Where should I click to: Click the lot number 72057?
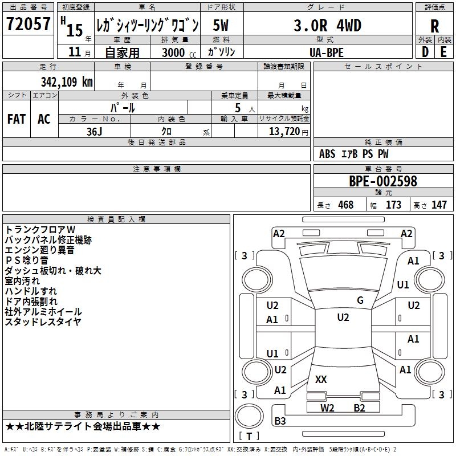click(28, 24)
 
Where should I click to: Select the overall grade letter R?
click(434, 26)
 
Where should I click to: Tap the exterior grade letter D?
click(425, 51)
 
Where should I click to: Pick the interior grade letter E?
click(443, 51)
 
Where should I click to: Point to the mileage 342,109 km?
click(67, 82)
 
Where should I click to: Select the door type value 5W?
click(221, 25)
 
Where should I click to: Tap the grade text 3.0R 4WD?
click(327, 25)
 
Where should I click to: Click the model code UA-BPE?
click(327, 52)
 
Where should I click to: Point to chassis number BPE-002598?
click(383, 181)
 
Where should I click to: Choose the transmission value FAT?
click(16, 119)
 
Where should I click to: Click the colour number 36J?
click(94, 131)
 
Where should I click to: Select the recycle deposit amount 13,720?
click(285, 131)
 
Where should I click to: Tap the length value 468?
click(345, 205)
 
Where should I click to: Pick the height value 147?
click(439, 205)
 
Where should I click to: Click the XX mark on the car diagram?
click(321, 379)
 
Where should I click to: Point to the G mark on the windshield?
click(360, 300)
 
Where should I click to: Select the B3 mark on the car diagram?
click(280, 421)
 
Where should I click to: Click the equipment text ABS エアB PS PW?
click(355, 154)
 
